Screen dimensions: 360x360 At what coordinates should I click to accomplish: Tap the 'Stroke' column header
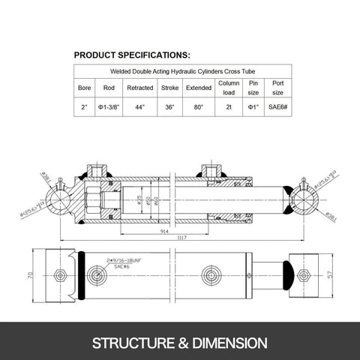169,88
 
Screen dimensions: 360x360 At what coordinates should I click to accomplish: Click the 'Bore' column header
85,88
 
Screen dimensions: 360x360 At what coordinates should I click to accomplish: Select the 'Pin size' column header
253,88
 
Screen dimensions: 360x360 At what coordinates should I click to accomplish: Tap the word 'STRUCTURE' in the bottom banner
133,343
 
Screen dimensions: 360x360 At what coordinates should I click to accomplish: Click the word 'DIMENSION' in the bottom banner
229,343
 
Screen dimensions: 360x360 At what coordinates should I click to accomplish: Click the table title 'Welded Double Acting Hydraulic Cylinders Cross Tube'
180,71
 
